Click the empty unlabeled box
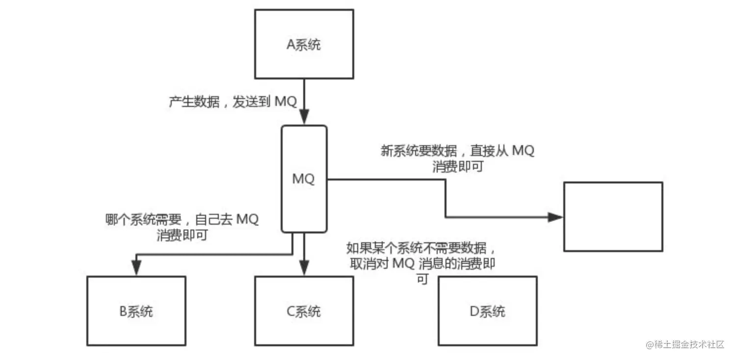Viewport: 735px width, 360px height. coord(613,216)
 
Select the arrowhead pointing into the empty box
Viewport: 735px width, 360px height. coord(555,217)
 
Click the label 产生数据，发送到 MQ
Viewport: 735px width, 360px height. coord(233,102)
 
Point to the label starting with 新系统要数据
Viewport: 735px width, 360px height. coord(457,158)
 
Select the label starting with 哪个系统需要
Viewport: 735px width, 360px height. coord(182,227)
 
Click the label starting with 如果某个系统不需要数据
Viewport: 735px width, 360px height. coord(421,263)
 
